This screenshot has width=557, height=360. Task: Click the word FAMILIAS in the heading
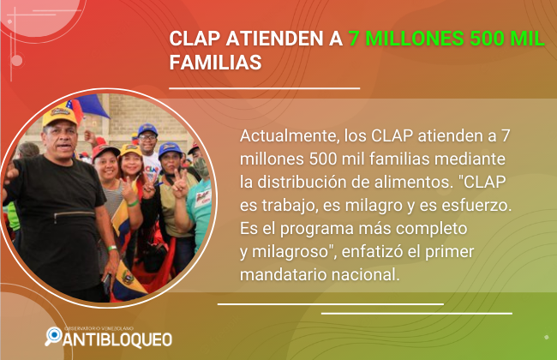(215, 63)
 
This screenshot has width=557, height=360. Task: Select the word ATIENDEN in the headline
(274, 39)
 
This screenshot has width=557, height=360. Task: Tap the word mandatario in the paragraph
(283, 274)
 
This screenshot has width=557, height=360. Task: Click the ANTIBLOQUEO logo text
(117, 339)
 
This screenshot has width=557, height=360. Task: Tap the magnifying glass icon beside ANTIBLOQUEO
(53, 336)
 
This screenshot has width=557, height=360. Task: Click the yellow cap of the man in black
(59, 116)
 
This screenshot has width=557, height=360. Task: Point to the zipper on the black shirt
(75, 214)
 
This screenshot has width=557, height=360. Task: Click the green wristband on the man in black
(111, 248)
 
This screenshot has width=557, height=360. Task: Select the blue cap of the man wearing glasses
(147, 129)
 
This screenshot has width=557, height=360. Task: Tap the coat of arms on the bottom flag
(128, 277)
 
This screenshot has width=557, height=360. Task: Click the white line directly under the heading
(264, 87)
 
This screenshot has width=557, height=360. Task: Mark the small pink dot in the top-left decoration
(16, 61)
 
